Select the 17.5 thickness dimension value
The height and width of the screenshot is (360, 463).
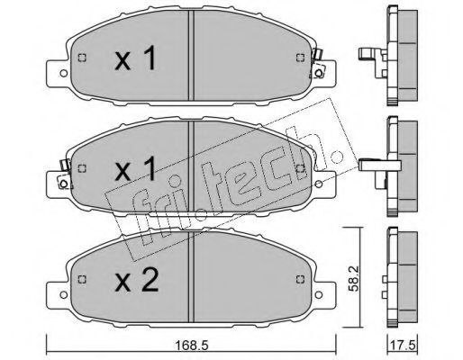403,346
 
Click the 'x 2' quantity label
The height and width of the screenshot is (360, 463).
137,280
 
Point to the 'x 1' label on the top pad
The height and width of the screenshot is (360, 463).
135,58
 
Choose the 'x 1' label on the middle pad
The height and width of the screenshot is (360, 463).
135,168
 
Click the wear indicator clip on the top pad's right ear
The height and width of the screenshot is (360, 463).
317,64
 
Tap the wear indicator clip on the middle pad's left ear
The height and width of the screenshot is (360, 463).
64,175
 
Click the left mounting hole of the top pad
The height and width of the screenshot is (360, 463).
64,73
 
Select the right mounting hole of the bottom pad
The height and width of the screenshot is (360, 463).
319,294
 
